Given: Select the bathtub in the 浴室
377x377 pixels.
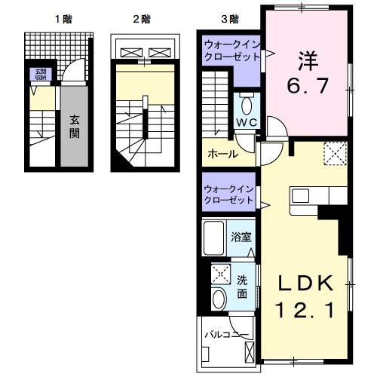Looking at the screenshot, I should (x=216, y=238).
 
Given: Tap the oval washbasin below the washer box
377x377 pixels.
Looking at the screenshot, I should (x=219, y=299).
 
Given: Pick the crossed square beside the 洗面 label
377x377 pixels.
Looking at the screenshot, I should (x=221, y=273).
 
